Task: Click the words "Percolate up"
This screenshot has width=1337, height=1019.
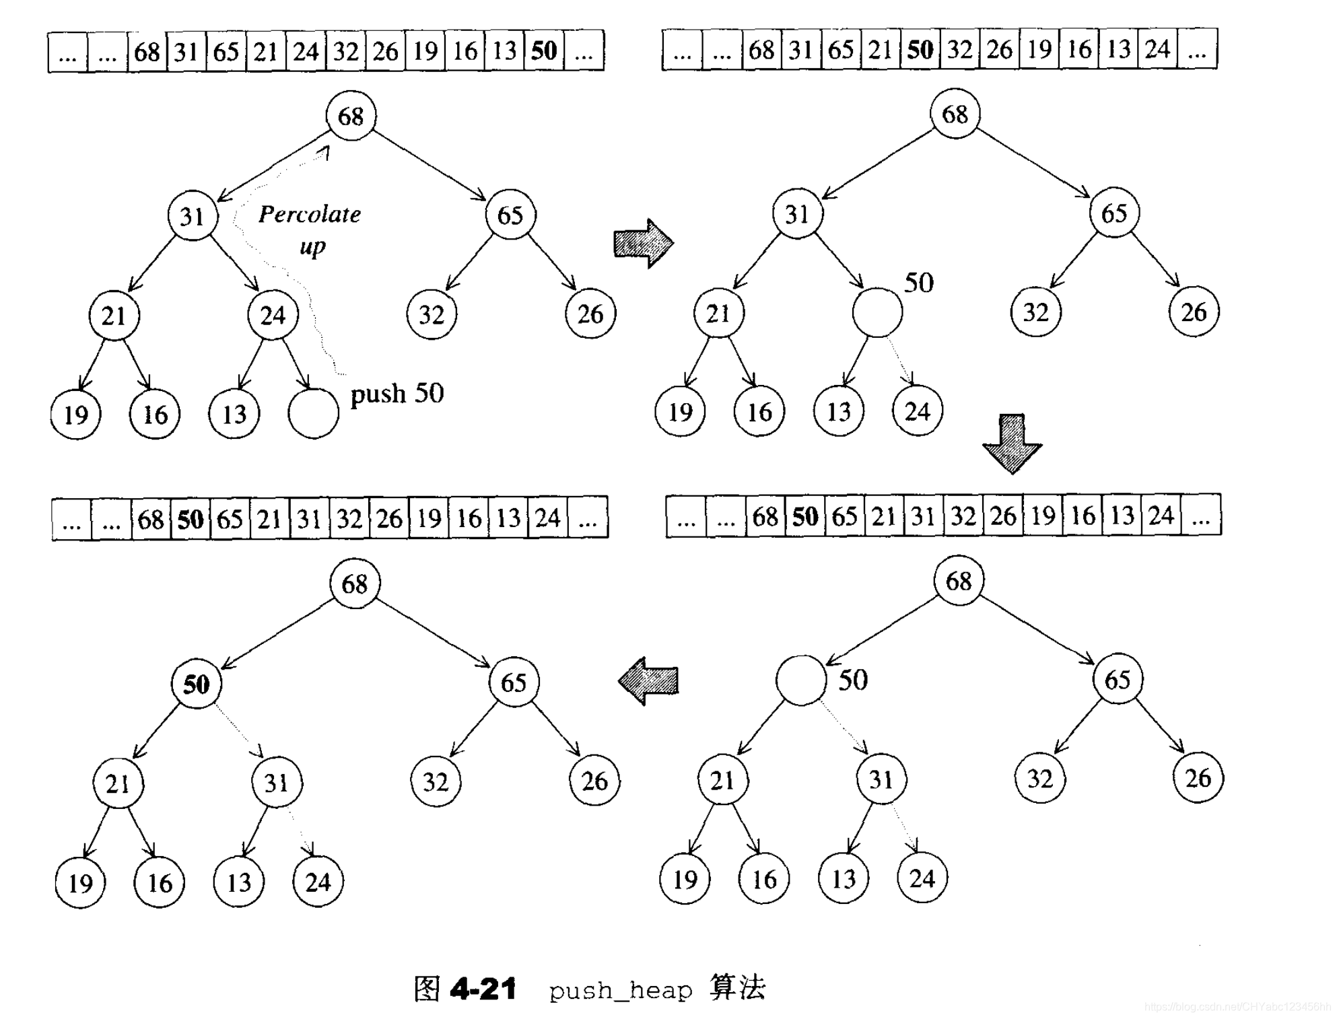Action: tap(310, 230)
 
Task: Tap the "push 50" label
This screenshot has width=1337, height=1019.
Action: tap(397, 393)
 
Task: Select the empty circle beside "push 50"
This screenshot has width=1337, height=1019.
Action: tap(313, 413)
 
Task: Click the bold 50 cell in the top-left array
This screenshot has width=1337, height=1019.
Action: tap(544, 51)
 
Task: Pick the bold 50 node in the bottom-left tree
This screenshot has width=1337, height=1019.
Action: tap(196, 684)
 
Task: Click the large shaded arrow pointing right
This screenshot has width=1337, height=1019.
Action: tap(643, 243)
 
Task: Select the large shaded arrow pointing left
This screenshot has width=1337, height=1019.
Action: tap(648, 680)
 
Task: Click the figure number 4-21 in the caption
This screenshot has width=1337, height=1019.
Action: tap(483, 989)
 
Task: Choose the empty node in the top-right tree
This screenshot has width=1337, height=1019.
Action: tap(877, 312)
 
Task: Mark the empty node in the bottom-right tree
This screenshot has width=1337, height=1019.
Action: tap(800, 680)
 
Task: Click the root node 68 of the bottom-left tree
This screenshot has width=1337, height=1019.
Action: tap(355, 584)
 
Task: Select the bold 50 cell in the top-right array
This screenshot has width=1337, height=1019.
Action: tap(920, 49)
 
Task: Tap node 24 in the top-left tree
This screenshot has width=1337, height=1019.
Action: tap(273, 315)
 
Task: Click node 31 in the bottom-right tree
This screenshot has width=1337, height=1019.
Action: tap(881, 779)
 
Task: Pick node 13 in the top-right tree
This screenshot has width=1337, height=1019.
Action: tap(839, 411)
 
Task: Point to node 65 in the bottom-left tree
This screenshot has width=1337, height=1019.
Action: tap(514, 682)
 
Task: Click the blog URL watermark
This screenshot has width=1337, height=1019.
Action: tap(1236, 1007)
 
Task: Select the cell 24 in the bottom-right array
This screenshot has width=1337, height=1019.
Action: tap(1161, 516)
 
